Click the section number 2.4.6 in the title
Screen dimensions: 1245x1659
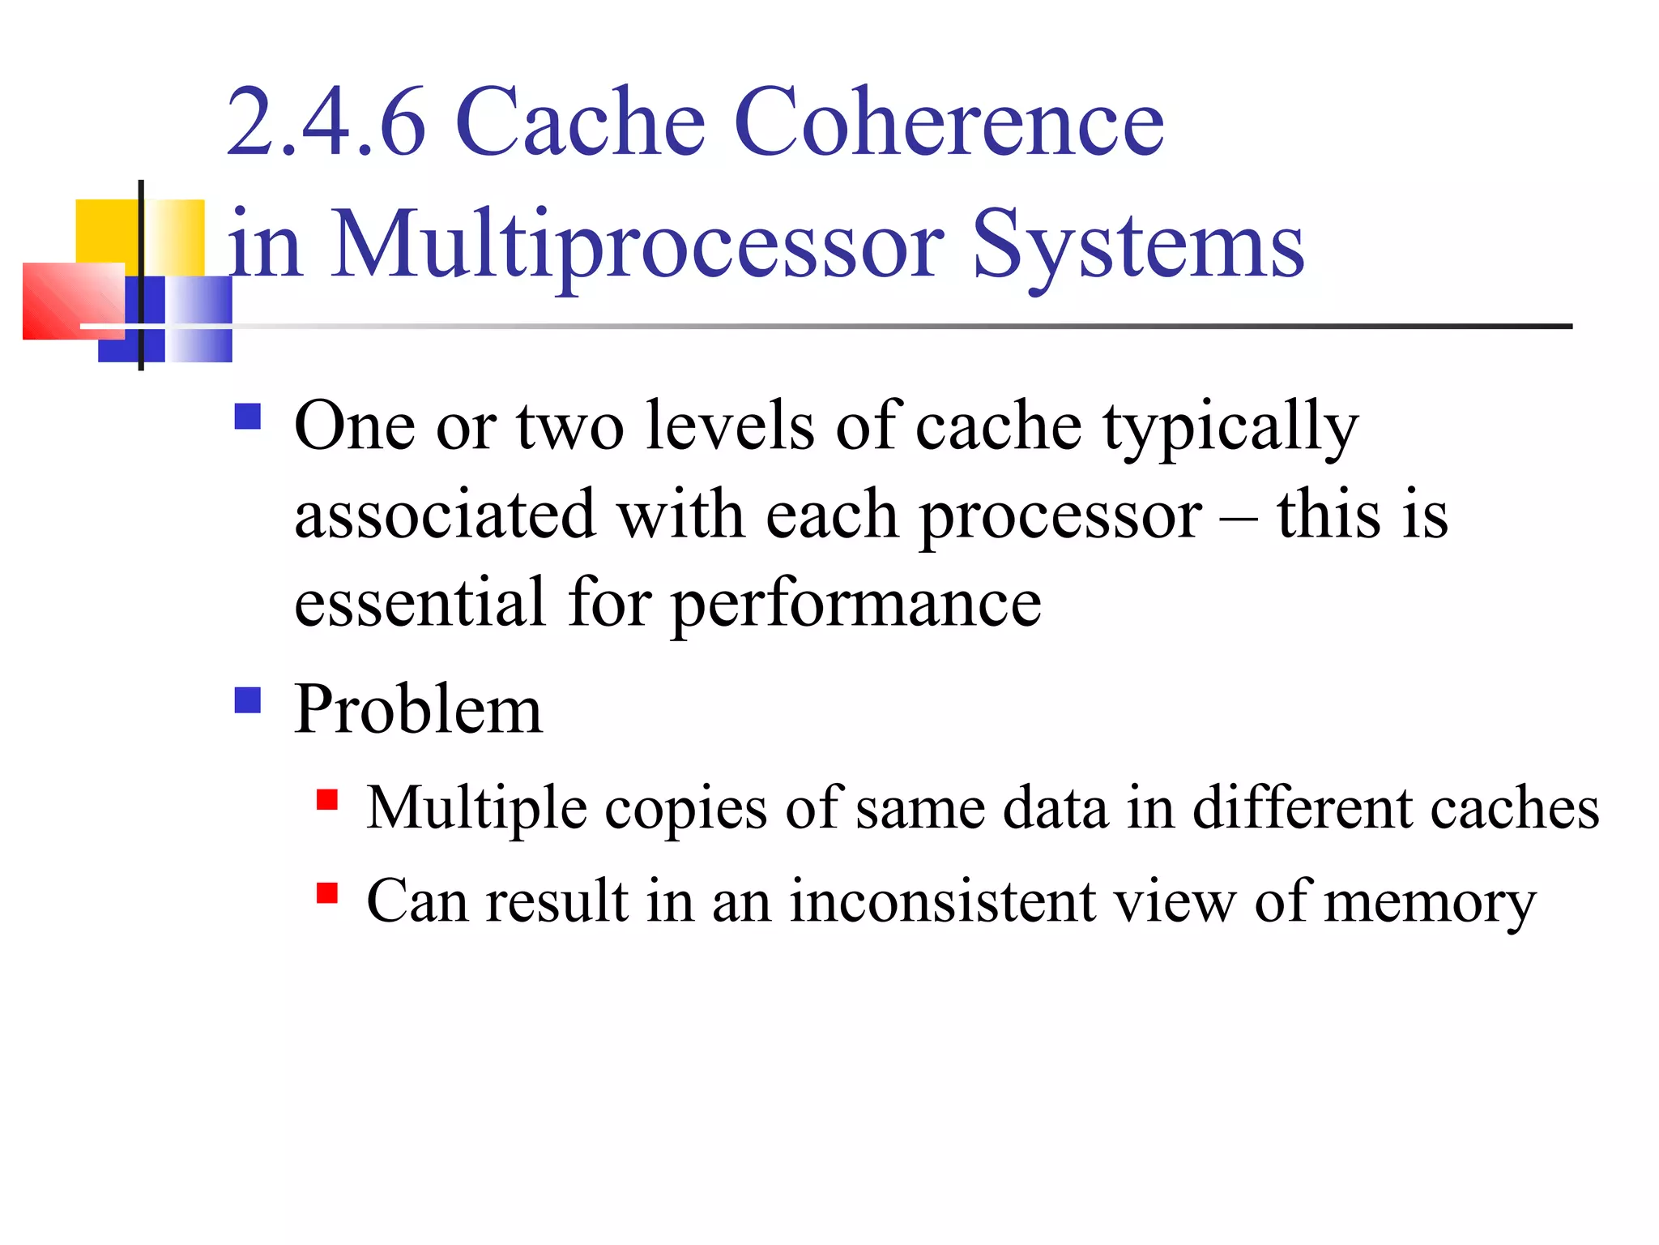(x=326, y=123)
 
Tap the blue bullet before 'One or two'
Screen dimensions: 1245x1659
(x=248, y=417)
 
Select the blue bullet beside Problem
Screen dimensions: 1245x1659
(x=248, y=700)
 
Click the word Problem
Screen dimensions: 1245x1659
(x=418, y=710)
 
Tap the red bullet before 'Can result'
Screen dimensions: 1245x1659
(x=327, y=893)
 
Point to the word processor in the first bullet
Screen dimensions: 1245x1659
(x=1061, y=516)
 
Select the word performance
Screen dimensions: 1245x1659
(x=857, y=605)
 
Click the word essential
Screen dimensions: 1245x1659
(x=420, y=603)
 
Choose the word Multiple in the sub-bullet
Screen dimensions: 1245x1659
(x=476, y=809)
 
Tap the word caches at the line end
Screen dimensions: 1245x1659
(x=1514, y=809)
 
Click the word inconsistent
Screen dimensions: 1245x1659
(x=941, y=901)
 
